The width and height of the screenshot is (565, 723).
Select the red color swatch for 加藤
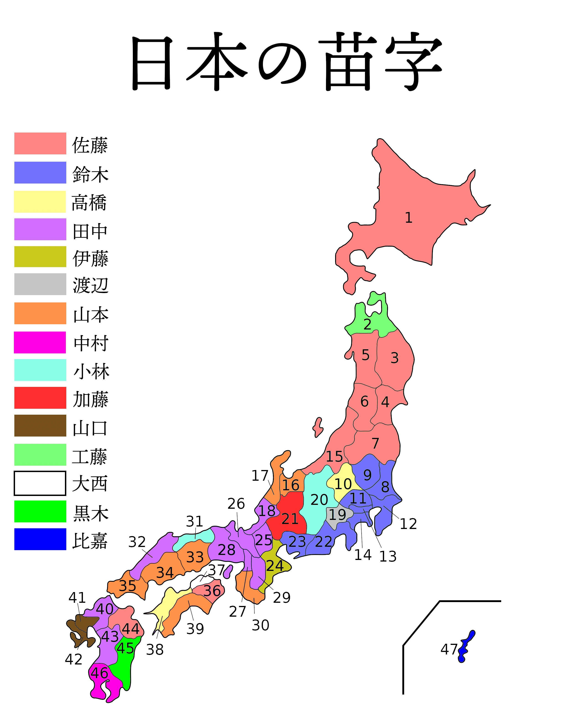(x=40, y=398)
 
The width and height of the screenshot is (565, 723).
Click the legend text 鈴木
(x=90, y=174)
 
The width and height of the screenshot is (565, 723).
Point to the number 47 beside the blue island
(x=449, y=649)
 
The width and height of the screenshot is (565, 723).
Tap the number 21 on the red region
(x=290, y=519)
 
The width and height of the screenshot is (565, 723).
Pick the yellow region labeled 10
(x=343, y=484)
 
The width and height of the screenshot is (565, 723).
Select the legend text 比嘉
(x=90, y=541)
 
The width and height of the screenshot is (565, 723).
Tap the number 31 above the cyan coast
(x=194, y=521)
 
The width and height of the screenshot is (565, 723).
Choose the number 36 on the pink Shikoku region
(x=212, y=590)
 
